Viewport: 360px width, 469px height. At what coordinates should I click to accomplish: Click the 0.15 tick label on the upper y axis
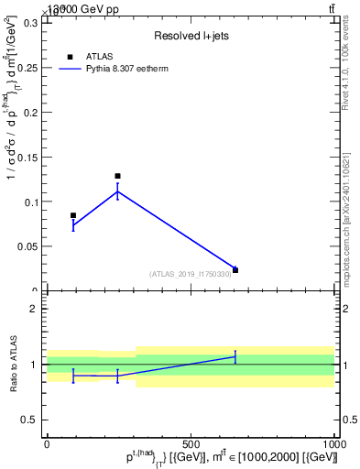(x=28, y=158)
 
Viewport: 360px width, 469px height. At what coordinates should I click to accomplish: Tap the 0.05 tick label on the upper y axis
(x=28, y=246)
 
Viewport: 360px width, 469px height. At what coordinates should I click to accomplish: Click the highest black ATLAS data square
(x=117, y=176)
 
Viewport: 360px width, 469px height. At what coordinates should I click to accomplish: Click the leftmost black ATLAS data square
(x=73, y=215)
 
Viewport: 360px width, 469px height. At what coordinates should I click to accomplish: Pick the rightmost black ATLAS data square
(x=235, y=270)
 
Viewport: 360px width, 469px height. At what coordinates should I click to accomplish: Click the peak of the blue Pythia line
(x=117, y=191)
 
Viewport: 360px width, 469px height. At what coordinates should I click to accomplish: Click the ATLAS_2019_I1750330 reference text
(x=191, y=274)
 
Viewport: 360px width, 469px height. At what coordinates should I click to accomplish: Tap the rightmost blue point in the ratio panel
(x=235, y=356)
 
